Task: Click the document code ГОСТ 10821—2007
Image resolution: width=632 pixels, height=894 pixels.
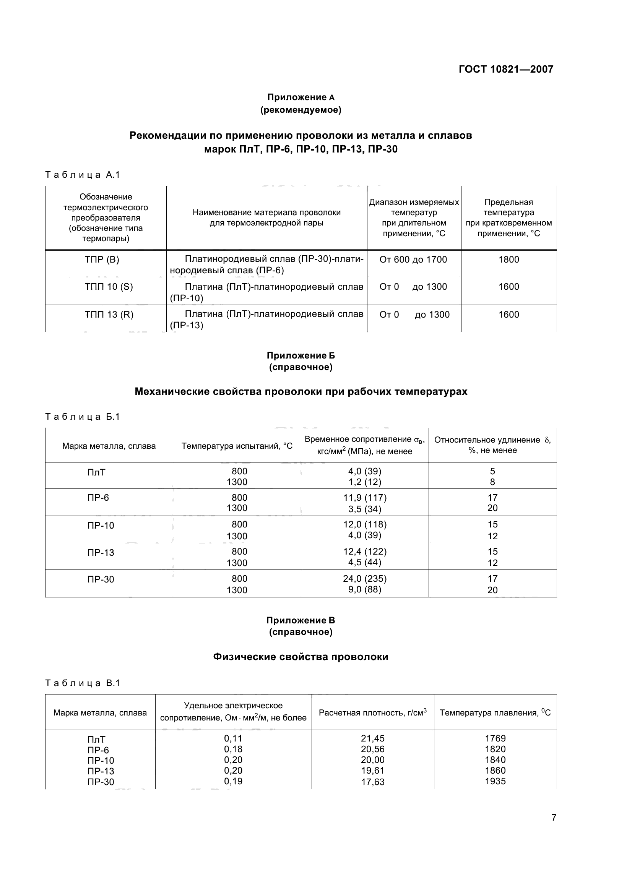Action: click(506, 69)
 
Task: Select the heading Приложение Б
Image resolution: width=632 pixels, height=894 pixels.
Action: click(301, 355)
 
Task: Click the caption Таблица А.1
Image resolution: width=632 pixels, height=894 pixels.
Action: click(83, 175)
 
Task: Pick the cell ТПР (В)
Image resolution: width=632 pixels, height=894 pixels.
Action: click(102, 260)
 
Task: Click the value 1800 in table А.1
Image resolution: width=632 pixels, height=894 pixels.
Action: click(509, 260)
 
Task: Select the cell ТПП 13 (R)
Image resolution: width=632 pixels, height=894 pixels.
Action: click(109, 315)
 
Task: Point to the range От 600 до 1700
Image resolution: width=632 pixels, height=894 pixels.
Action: click(413, 260)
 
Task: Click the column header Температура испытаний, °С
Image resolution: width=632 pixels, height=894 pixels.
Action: click(237, 446)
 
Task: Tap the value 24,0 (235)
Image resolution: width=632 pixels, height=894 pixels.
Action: click(364, 579)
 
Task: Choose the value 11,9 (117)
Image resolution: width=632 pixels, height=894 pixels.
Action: click(364, 498)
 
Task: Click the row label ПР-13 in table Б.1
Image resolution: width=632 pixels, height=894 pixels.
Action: click(101, 553)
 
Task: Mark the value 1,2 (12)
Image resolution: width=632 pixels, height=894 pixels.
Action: click(364, 482)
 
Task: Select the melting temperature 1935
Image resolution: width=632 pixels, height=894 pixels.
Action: click(496, 781)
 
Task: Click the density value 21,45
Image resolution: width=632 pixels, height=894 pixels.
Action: click(373, 738)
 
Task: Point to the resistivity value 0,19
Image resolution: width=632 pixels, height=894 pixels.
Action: click(233, 781)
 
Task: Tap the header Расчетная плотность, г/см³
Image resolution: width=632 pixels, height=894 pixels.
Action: click(373, 712)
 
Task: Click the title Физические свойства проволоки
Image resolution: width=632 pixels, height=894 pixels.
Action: click(301, 657)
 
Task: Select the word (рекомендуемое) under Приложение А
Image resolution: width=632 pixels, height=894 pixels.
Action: click(301, 110)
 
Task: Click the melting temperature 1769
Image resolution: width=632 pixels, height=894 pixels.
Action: click(496, 738)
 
